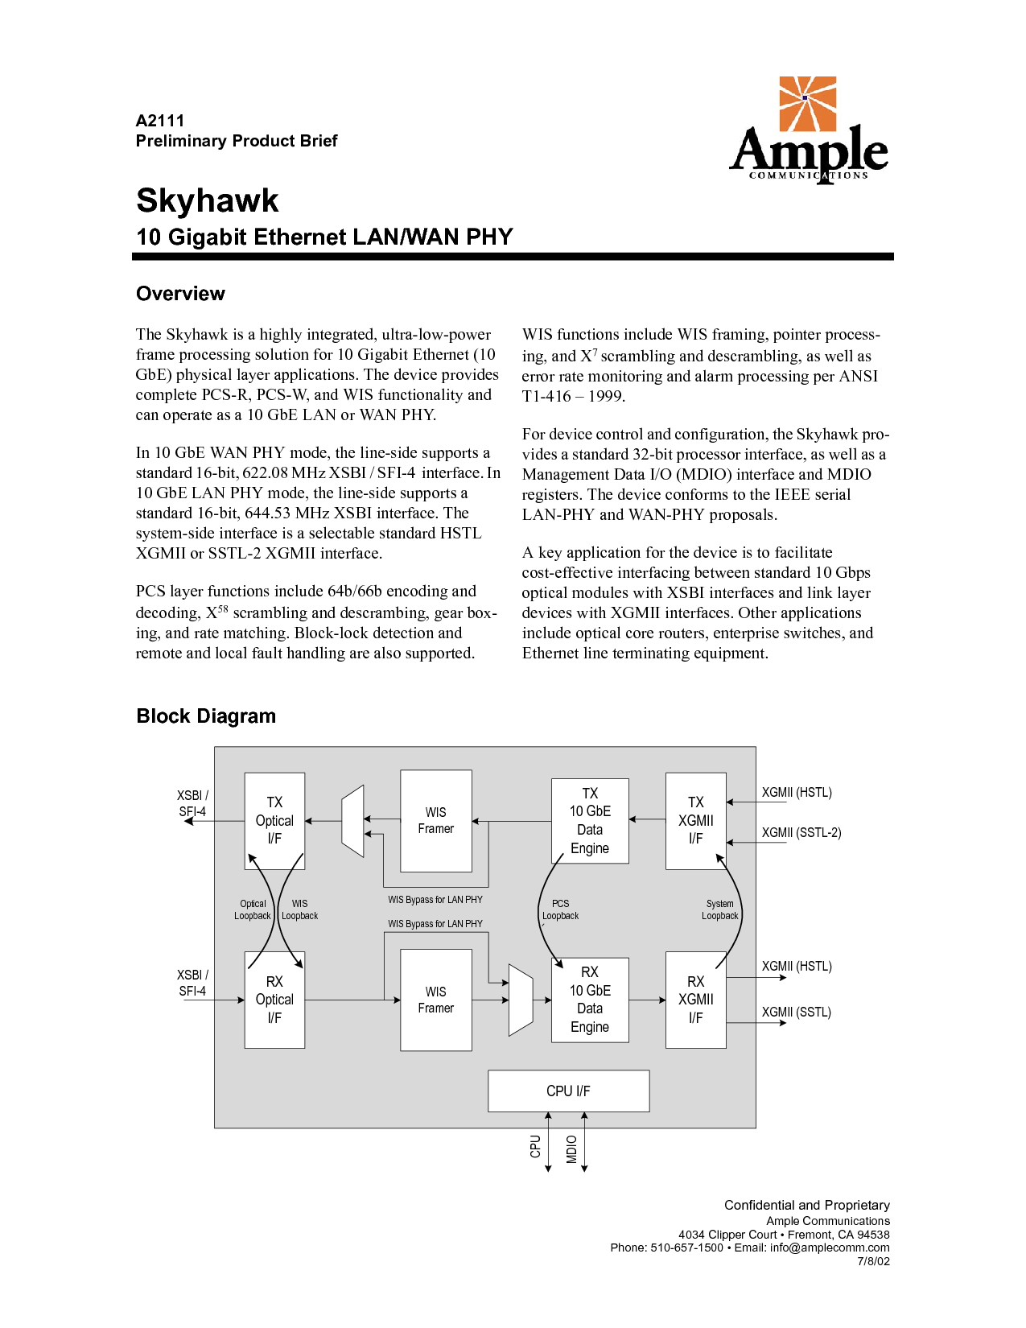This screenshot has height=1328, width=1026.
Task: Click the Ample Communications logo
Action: pyautogui.click(x=808, y=130)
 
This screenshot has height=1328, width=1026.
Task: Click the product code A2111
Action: pyautogui.click(x=160, y=121)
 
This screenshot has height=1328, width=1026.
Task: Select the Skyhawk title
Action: pyautogui.click(x=208, y=200)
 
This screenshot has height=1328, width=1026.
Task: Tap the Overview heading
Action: pyautogui.click(x=180, y=294)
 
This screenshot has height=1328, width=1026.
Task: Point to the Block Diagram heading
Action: pyautogui.click(x=206, y=716)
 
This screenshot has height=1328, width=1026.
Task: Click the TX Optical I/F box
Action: pyautogui.click(x=274, y=821)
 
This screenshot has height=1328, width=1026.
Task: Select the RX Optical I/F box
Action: pyautogui.click(x=274, y=1000)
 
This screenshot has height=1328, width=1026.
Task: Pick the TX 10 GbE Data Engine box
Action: pyautogui.click(x=590, y=821)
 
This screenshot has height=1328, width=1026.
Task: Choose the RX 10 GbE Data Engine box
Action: pyautogui.click(x=590, y=1000)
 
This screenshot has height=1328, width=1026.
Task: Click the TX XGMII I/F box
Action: pyautogui.click(x=695, y=821)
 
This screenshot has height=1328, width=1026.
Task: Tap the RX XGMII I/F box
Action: pyautogui.click(x=695, y=1000)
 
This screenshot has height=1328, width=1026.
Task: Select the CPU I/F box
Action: pyautogui.click(x=568, y=1091)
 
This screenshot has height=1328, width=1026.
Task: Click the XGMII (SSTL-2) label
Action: pyautogui.click(x=801, y=833)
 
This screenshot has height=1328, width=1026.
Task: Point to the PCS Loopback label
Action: pyautogui.click(x=560, y=910)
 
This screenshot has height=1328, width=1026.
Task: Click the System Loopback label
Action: pyautogui.click(x=719, y=910)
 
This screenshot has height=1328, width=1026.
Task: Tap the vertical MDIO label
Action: pyautogui.click(x=572, y=1149)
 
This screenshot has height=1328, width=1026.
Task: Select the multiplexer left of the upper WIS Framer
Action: pyautogui.click(x=352, y=821)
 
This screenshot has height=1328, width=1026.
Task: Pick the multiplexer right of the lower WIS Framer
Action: pyautogui.click(x=521, y=1000)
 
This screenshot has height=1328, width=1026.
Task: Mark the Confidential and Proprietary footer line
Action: pyautogui.click(x=806, y=1205)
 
